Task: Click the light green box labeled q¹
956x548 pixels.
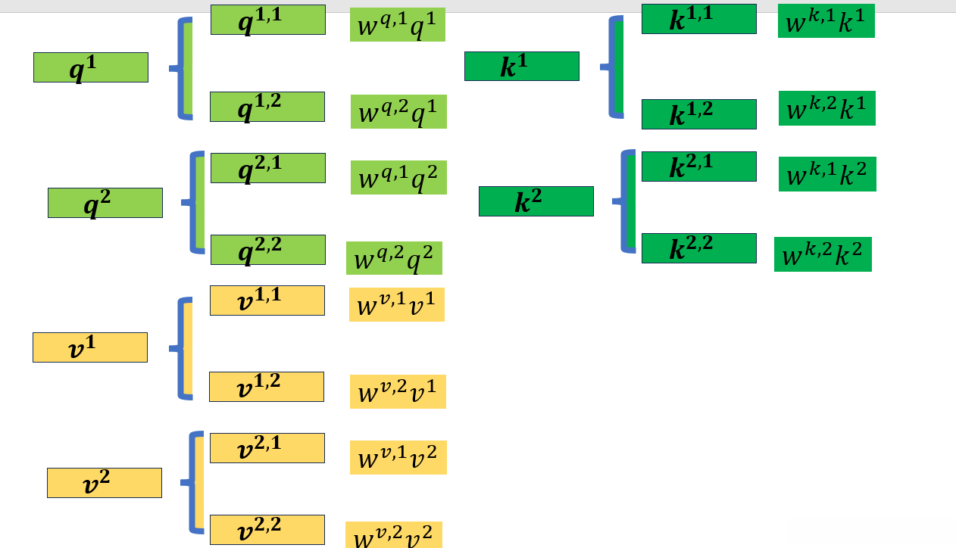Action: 91,67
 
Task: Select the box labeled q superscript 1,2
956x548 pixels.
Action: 267,107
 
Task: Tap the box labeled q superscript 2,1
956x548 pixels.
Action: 268,168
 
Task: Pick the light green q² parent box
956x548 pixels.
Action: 105,203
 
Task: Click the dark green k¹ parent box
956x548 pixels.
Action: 522,67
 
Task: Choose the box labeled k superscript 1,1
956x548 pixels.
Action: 699,19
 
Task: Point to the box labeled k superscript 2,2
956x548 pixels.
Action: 699,248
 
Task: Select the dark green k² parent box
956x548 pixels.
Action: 536,201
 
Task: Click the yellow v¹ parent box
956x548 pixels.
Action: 90,347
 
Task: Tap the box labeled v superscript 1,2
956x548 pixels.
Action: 267,387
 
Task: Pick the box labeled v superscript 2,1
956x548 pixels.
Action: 267,448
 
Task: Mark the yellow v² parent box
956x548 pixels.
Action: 105,483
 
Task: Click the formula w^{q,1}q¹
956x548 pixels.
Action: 398,25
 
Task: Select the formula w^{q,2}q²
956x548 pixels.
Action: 394,258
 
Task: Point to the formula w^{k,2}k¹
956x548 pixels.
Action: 827,108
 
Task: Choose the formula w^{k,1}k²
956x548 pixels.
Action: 827,174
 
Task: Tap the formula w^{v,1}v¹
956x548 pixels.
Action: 397,304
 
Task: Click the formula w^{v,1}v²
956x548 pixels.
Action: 398,457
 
